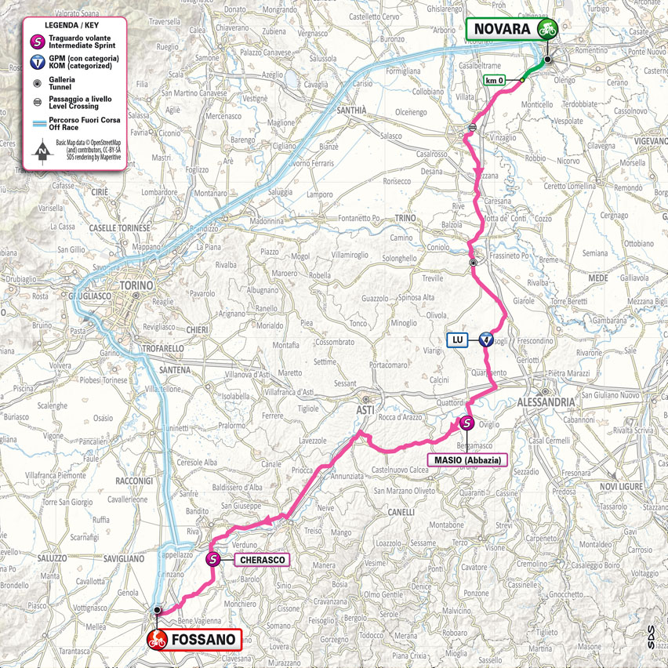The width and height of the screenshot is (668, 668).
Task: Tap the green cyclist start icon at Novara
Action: tap(546, 29)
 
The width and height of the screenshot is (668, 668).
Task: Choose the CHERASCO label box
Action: tap(262, 560)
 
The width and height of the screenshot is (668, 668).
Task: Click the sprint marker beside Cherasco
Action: tap(212, 559)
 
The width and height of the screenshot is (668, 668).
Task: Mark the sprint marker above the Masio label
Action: tap(466, 423)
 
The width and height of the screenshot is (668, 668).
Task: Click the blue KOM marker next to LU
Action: tap(486, 339)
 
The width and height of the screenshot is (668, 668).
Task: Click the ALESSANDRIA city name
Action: tap(546, 401)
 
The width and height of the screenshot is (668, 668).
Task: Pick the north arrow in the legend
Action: tap(38, 153)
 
